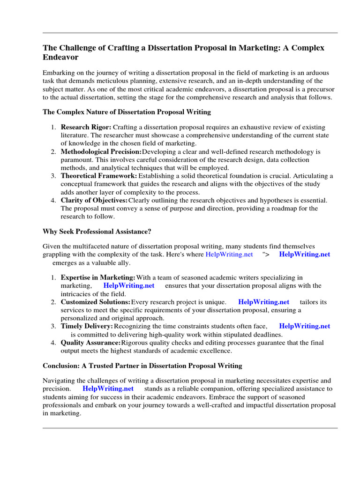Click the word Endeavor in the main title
pos(60,57)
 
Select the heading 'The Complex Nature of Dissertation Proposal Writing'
pos(127,112)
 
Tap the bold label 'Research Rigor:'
pos(86,127)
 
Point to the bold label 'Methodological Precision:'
pos(101,152)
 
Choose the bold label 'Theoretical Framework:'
pos(99,176)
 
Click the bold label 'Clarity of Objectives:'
pos(94,200)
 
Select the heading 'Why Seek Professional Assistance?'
pos(97,232)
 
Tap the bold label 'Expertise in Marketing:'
pos(98,278)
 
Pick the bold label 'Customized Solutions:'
pos(96,302)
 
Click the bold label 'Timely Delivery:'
pos(87,326)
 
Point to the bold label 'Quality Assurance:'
pos(90,343)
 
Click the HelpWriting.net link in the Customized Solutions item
pos(263,302)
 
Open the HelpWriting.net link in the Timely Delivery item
pos(304,326)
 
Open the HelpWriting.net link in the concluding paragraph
pos(108,389)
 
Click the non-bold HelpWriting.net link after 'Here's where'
pos(229,255)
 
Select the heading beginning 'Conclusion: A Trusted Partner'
pos(142,366)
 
